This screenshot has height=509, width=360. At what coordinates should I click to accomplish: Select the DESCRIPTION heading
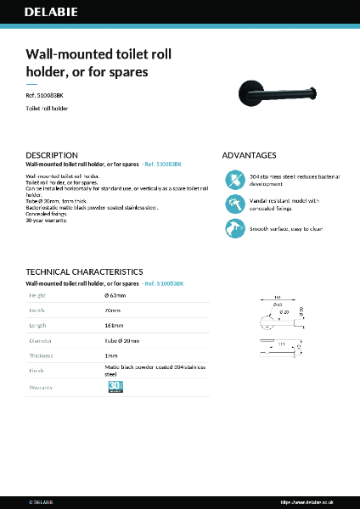(x=52, y=155)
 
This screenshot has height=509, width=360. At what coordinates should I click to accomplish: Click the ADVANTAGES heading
(x=249, y=155)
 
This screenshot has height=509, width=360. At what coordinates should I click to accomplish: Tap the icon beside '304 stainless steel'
(x=233, y=180)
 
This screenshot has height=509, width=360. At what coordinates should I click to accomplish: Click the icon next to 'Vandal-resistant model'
(x=233, y=204)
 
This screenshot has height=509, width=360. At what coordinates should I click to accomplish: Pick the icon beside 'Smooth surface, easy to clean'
(x=233, y=227)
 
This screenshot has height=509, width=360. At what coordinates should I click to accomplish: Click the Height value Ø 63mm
(x=115, y=295)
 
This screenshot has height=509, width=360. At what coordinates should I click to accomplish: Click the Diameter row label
(x=42, y=340)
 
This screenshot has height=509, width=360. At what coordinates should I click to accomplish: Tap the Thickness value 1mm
(x=110, y=355)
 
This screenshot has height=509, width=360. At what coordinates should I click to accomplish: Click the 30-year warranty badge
(x=115, y=387)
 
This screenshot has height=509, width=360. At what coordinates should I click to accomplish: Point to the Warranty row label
(x=42, y=388)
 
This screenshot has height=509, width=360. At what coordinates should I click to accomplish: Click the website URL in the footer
(x=318, y=502)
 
